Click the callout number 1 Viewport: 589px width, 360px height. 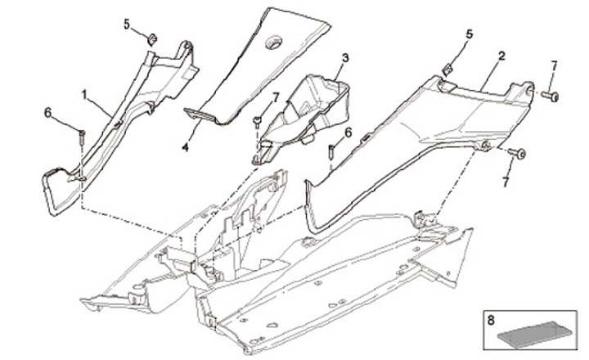[84, 95]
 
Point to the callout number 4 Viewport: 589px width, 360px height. [185, 149]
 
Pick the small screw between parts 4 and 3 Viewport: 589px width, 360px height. [256, 122]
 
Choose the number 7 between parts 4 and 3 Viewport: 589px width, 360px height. [276, 97]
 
